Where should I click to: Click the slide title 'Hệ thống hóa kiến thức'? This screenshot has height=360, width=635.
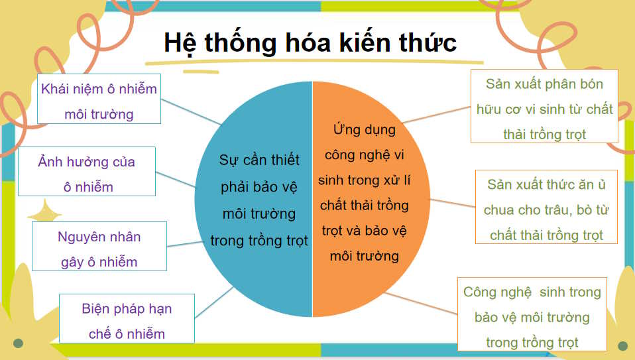click(x=310, y=42)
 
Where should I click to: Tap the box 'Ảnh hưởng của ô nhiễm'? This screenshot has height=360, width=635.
click(x=87, y=172)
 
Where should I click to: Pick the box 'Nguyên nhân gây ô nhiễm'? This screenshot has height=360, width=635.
click(x=99, y=247)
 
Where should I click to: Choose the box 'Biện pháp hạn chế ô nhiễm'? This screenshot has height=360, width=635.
click(x=127, y=320)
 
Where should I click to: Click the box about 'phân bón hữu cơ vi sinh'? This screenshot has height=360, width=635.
click(x=544, y=106)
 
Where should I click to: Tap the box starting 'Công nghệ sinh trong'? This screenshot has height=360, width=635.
click(x=532, y=315)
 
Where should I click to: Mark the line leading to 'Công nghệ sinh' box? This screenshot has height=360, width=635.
click(x=422, y=303)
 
